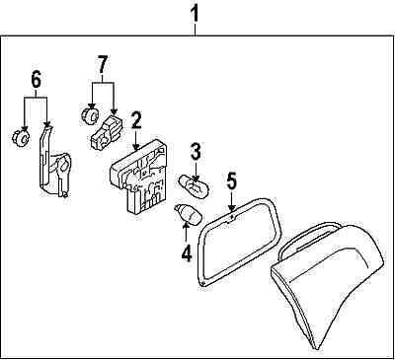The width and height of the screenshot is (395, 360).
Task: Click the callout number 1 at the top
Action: tap(196, 15)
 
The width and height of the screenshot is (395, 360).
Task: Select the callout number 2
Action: tap(135, 120)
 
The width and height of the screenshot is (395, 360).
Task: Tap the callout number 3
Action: tap(195, 153)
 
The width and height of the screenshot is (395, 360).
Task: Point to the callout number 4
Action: tap(186, 253)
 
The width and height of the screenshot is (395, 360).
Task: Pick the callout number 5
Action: tap(231, 181)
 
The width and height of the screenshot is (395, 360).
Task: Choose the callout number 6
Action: tap(36, 80)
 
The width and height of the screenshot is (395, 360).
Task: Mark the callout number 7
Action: tap(102, 64)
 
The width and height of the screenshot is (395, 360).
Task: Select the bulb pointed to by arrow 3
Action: tap(195, 186)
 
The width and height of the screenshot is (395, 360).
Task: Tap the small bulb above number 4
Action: tap(188, 214)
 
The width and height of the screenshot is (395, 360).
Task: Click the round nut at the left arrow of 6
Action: tap(21, 138)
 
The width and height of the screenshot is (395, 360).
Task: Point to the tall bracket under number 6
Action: tap(54, 161)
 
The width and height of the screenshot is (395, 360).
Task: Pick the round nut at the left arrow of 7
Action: tap(89, 114)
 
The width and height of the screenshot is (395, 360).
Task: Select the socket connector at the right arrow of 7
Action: tap(106, 132)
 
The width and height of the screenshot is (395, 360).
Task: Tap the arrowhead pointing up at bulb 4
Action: tap(186, 225)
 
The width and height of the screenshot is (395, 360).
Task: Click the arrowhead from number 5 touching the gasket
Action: tap(232, 208)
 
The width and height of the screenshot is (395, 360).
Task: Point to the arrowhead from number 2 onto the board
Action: tap(135, 148)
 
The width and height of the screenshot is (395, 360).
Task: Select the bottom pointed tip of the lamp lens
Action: tap(318, 348)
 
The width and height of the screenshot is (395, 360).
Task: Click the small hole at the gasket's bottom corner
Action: tap(203, 283)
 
